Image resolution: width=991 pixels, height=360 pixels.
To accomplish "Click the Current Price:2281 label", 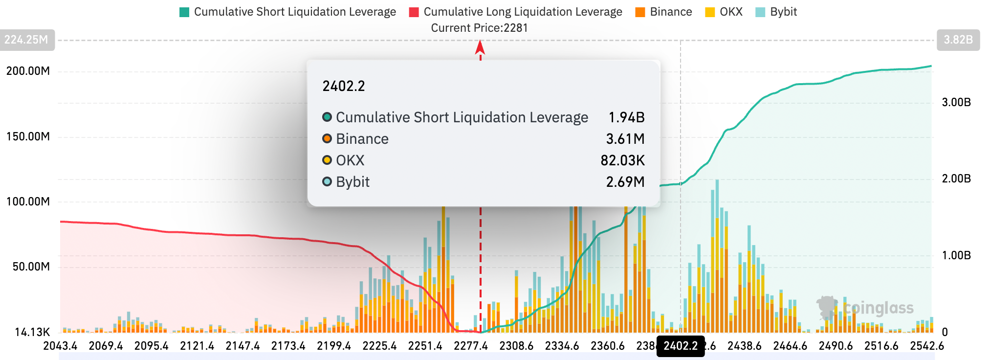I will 479,28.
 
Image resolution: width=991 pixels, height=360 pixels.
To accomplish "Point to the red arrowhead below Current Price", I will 480,47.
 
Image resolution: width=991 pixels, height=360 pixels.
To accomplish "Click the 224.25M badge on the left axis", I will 26,40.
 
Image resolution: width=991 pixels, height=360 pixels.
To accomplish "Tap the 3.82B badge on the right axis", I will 958,40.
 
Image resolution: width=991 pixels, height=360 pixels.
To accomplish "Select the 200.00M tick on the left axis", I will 28,71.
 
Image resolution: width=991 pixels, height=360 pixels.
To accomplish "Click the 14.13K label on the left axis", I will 32,333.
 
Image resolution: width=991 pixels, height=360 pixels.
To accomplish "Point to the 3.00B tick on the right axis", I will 956,102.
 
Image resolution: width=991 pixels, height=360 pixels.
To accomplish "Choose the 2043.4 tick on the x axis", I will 60,346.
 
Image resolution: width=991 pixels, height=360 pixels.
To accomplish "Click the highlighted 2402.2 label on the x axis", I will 680,346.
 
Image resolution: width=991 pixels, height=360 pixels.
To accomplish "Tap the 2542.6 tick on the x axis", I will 926,346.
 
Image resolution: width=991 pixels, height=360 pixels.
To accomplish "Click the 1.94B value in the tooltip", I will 626,117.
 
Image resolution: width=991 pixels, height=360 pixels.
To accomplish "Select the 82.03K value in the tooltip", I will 622,160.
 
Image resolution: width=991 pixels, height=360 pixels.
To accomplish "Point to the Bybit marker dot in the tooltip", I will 327,182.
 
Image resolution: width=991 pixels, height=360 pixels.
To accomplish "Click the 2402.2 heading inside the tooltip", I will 344,86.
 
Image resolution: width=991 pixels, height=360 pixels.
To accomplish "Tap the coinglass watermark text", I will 878,308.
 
